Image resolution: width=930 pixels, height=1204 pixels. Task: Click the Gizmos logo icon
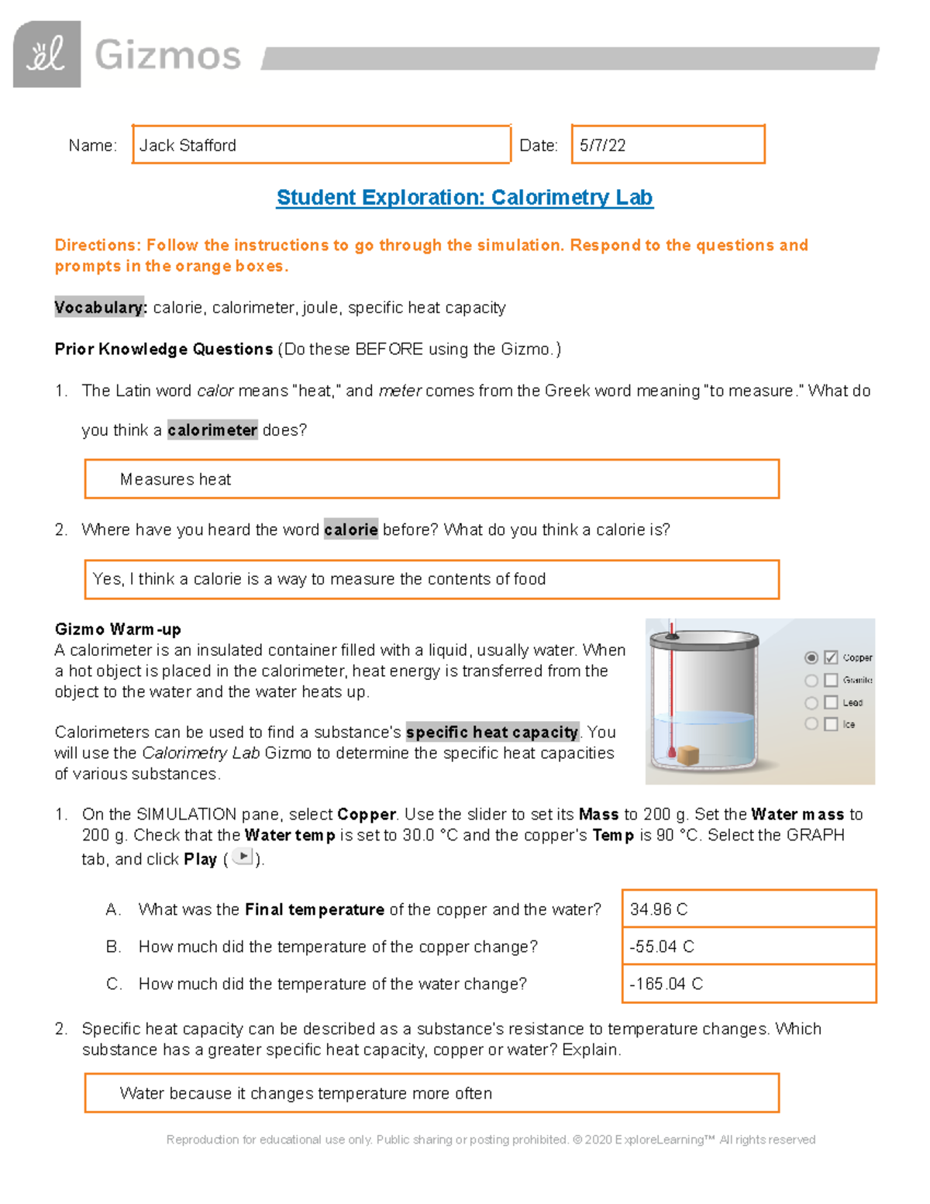point(46,54)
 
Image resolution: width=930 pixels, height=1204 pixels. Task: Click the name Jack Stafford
point(188,145)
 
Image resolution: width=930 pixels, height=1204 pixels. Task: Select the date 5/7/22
point(602,145)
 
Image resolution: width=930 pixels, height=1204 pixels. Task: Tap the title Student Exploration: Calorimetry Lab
point(464,197)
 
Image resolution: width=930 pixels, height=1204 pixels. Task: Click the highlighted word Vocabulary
point(100,307)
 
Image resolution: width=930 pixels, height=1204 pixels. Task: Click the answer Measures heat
point(175,479)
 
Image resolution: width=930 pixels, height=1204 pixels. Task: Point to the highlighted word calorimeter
point(212,430)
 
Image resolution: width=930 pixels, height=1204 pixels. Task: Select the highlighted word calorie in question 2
point(350,529)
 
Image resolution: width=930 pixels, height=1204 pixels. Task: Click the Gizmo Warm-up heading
point(118,629)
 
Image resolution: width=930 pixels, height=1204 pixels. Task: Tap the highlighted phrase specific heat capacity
point(492,732)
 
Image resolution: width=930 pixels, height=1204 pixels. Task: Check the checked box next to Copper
point(831,657)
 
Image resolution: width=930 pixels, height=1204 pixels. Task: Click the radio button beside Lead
point(811,702)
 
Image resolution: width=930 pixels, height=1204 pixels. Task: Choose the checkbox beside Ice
point(831,724)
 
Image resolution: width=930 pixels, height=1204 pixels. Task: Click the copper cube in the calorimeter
point(687,754)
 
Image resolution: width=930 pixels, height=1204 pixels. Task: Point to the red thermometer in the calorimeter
point(672,690)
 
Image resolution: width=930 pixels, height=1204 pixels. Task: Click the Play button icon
point(243,857)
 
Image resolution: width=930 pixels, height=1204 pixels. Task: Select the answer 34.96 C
point(659,909)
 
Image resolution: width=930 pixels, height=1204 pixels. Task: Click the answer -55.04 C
point(662,946)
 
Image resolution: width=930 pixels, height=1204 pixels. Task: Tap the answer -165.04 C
point(666,983)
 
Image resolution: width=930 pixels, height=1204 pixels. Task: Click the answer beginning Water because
point(305,1093)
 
